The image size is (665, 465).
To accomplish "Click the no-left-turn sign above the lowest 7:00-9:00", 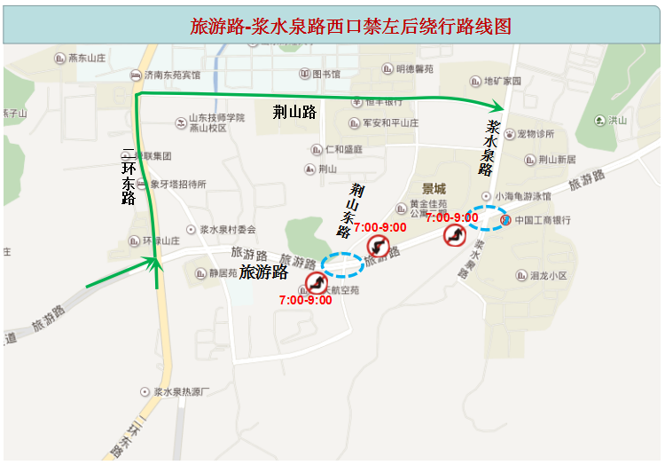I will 316,282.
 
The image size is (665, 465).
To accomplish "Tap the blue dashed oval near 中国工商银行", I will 487,217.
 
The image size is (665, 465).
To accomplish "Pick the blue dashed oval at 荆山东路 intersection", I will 342,264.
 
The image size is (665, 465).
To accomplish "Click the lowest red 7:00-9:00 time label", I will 305,300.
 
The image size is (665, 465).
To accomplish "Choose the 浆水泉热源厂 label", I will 179,391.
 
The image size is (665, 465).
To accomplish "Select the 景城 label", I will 434,188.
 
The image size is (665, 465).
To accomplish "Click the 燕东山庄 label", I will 88,58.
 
